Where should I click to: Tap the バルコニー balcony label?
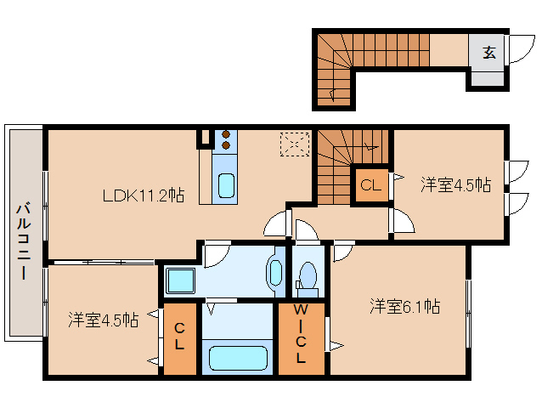pyautogui.click(x=23, y=241)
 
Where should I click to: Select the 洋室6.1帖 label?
pyautogui.click(x=404, y=306)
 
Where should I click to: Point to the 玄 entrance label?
pyautogui.click(x=489, y=52)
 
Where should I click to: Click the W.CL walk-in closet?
pyautogui.click(x=301, y=336)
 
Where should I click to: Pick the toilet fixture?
pyautogui.click(x=308, y=277)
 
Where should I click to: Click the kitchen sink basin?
pyautogui.click(x=226, y=184)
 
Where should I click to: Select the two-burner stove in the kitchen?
pyautogui.click(x=227, y=139)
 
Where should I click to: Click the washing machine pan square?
pyautogui.click(x=180, y=280)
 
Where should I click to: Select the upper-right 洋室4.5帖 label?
pyautogui.click(x=455, y=184)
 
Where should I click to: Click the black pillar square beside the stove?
pyautogui.click(x=205, y=136)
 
